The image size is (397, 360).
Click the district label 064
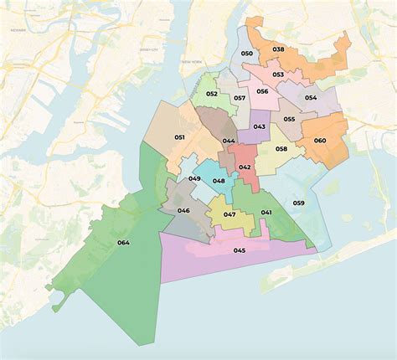point(124,244)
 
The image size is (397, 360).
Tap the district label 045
point(240,250)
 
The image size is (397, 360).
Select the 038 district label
point(279,49)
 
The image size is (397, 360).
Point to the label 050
point(246,54)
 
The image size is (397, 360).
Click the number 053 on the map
point(277,75)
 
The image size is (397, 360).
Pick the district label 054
point(311,98)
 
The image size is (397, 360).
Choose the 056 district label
point(262,91)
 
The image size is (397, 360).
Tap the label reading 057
point(239,99)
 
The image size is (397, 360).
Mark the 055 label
point(289,119)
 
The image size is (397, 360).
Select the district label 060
point(319,140)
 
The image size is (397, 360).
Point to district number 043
point(260,126)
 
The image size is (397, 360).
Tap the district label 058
point(281,149)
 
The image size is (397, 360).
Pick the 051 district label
point(179,136)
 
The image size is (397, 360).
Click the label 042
point(245,167)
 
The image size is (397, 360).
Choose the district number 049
point(194,178)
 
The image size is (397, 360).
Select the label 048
point(218,181)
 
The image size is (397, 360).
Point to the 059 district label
point(299,203)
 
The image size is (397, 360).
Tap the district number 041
point(266,213)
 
